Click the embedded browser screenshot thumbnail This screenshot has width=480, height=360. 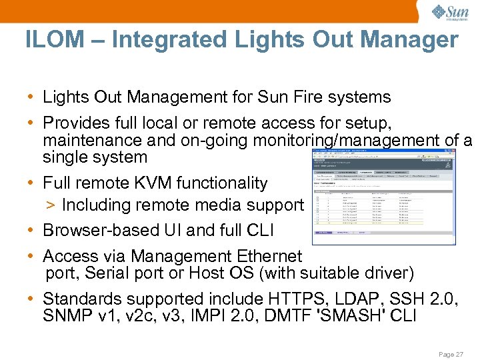point(384,195)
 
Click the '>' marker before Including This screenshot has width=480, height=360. point(49,205)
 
